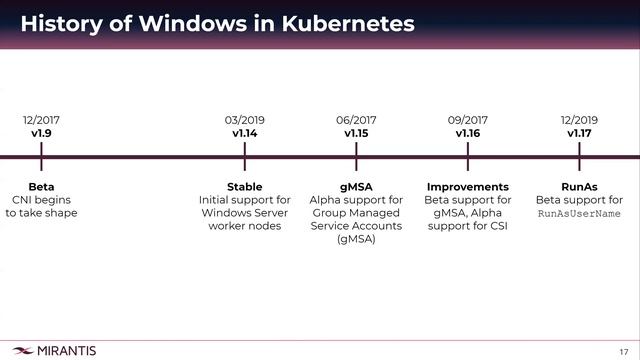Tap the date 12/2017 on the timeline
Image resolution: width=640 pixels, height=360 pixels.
coord(41,120)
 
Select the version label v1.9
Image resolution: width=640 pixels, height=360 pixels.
coord(41,133)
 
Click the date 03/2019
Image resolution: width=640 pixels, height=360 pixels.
coord(245,120)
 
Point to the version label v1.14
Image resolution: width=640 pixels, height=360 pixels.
coord(245,133)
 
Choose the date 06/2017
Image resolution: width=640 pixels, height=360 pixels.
coord(356,120)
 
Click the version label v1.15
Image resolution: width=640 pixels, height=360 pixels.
coord(356,133)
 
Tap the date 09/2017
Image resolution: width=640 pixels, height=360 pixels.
coord(468,120)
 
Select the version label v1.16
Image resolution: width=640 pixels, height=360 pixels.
coord(468,133)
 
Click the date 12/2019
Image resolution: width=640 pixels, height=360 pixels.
coord(579,120)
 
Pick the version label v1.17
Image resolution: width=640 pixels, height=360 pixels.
coord(579,133)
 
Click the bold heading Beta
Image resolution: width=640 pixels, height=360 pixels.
coord(41,187)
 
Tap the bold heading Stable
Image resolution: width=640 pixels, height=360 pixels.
coord(245,187)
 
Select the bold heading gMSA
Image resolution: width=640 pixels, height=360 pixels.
coord(356,187)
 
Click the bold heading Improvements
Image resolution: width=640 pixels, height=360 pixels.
coord(468,187)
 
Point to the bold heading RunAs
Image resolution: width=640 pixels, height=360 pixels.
coord(579,187)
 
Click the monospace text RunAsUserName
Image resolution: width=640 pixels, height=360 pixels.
coord(579,214)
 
